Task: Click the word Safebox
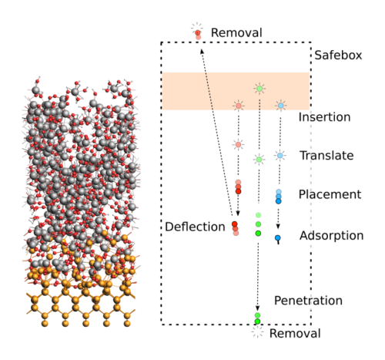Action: tap(338, 56)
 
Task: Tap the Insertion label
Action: tap(325, 117)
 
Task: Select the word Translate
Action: tap(326, 156)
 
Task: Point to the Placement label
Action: tap(330, 194)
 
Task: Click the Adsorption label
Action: tap(331, 236)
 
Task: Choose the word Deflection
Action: tap(195, 227)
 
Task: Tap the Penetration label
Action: tap(308, 301)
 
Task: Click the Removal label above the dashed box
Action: tap(236, 33)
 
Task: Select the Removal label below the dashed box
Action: tap(295, 334)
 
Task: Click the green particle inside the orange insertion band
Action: tap(259, 89)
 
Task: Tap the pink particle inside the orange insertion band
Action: tap(239, 106)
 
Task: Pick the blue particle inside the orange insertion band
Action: tap(281, 106)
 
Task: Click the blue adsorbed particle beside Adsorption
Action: tap(278, 239)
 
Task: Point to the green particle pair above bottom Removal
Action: tap(257, 318)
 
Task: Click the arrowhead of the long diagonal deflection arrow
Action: tap(203, 52)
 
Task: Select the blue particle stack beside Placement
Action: tap(279, 197)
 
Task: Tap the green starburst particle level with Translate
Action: tap(259, 160)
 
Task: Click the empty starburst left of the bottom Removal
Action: tap(257, 332)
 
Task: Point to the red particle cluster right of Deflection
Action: tap(235, 228)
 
